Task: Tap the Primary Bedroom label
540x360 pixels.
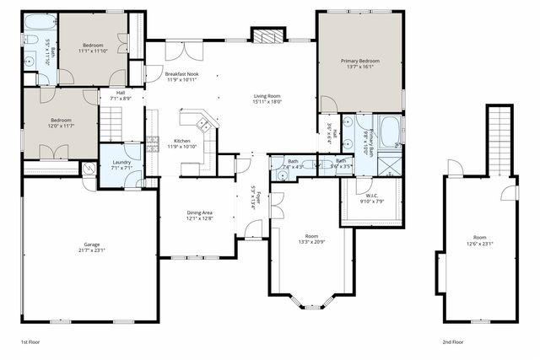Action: click(360, 62)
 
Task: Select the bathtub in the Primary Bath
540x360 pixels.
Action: click(391, 132)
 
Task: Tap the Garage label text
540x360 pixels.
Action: click(88, 246)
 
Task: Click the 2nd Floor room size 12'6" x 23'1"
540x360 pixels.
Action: click(479, 244)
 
